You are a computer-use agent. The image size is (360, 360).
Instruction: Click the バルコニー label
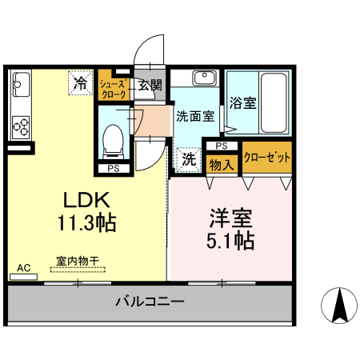pos(150,302)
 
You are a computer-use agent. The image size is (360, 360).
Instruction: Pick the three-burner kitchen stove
pos(20,126)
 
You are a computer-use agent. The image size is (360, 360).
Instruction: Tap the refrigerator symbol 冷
pos(80,81)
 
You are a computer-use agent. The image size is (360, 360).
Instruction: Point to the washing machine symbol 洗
pos(188,158)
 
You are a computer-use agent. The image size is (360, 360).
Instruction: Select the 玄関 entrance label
pos(150,84)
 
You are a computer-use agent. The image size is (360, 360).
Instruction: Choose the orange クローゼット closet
pos(266,158)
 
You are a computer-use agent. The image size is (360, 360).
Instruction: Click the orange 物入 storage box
pos(220,164)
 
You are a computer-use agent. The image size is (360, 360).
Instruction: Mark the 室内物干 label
pos(77,261)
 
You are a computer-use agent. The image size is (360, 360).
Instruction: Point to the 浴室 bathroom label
pos(243,103)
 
